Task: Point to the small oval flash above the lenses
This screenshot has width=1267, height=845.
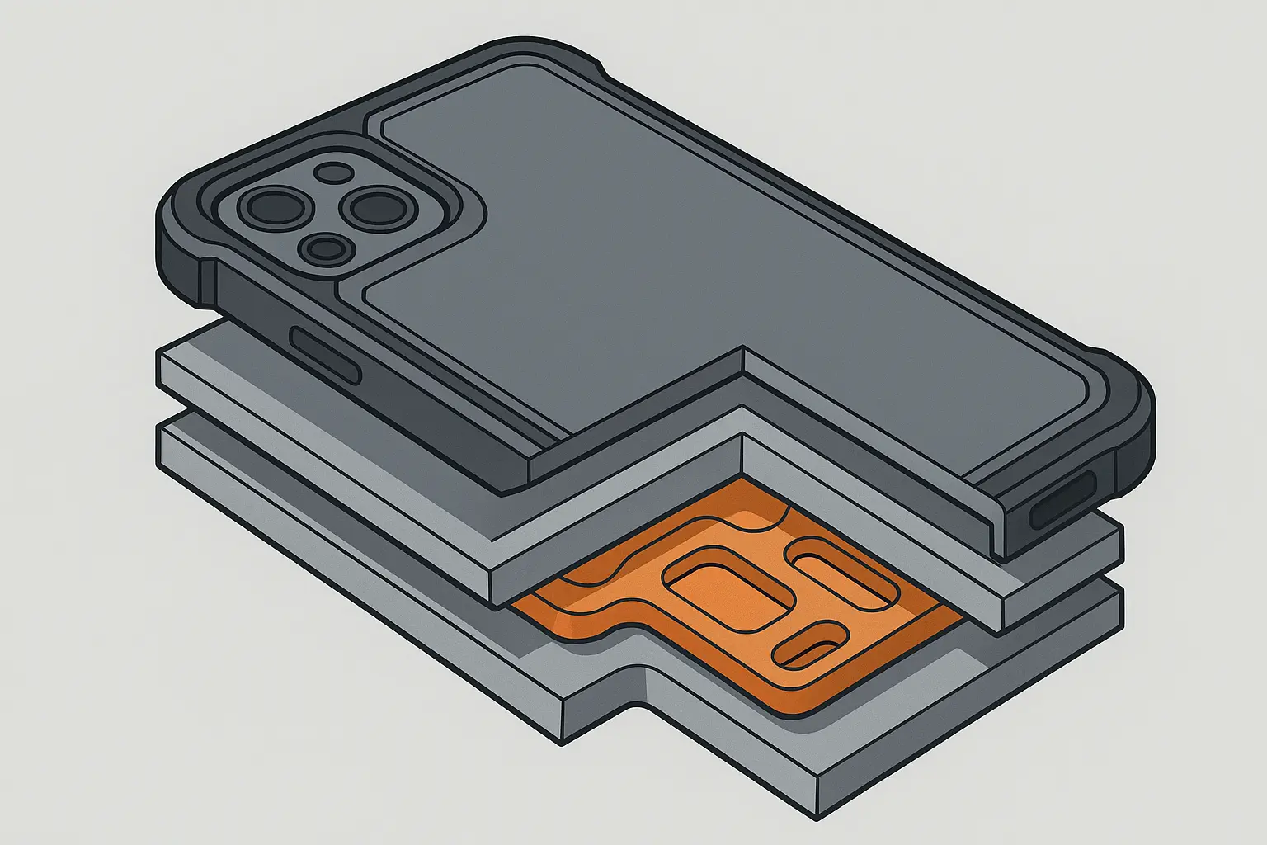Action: [x=334, y=172]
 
